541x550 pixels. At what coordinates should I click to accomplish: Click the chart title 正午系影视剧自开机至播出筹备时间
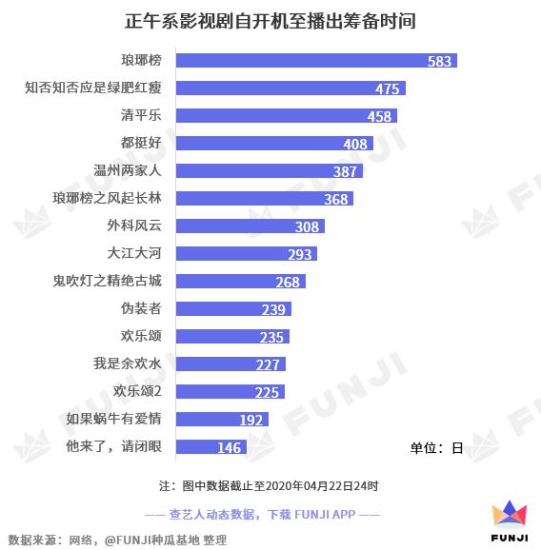click(270, 20)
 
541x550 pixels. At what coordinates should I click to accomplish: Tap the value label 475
click(387, 88)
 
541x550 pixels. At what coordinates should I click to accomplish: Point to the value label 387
click(345, 171)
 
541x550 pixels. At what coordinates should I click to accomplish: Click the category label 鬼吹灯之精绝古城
click(108, 282)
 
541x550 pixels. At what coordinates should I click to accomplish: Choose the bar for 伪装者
click(233, 309)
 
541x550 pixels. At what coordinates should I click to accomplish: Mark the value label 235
click(272, 337)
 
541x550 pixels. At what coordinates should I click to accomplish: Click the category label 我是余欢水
click(134, 364)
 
